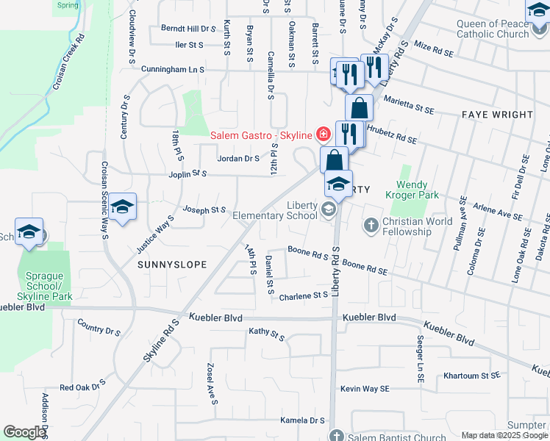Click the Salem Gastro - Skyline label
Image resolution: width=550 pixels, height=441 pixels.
pos(261,135)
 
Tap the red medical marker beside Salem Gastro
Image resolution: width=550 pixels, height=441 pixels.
pos(322,134)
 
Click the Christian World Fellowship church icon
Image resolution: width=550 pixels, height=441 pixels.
pos(372,224)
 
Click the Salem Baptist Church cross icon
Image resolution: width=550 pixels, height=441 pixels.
pos(336,435)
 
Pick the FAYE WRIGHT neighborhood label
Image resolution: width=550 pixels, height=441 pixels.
pos(497,115)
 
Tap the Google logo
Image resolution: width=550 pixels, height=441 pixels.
pos(24,432)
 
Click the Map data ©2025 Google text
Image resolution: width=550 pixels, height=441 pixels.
pos(504,435)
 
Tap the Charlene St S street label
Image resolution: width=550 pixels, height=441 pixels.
pos(303,295)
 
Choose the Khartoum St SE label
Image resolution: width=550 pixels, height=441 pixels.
pos(471,376)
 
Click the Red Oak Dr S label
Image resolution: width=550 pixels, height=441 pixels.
pos(83,387)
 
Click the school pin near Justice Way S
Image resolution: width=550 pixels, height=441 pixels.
pos(123,208)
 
